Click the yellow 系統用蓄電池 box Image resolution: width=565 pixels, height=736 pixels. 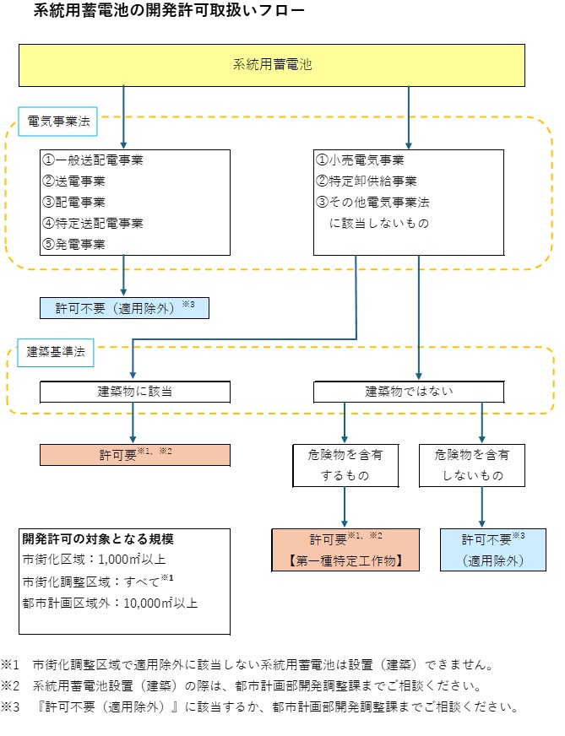pos(271,65)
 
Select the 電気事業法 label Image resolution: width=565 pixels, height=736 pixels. pos(57,121)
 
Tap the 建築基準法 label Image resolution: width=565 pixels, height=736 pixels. pos(57,353)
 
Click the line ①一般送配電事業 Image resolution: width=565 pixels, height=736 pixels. pos(93,160)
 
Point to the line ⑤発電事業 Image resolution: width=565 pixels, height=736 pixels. pos(74,244)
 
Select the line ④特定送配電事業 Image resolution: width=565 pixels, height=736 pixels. pos(93,223)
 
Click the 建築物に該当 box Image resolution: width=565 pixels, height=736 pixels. pos(135,392)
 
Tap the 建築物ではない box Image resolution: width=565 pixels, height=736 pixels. pos(409,392)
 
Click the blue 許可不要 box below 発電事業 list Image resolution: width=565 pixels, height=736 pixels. pos(123,307)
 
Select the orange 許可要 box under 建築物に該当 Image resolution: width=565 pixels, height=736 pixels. pos(135,454)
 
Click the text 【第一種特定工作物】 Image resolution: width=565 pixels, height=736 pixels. pos(345,560)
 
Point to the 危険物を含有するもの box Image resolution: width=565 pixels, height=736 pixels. pos(345,465)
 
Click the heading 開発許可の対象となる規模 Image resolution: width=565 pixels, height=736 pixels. pos(98,539)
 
